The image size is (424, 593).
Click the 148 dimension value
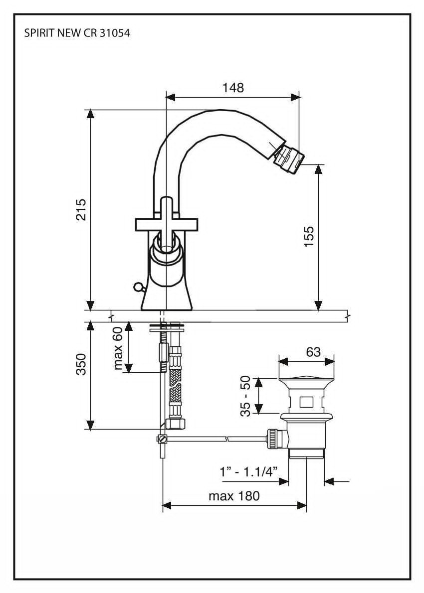point(233,88)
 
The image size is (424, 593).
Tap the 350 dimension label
point(81,364)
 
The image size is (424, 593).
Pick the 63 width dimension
point(313,351)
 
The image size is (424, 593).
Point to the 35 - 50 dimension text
point(245,396)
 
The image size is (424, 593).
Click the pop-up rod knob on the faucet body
point(138,286)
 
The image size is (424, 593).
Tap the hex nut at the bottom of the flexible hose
point(175,424)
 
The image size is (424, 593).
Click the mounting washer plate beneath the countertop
point(167,328)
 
